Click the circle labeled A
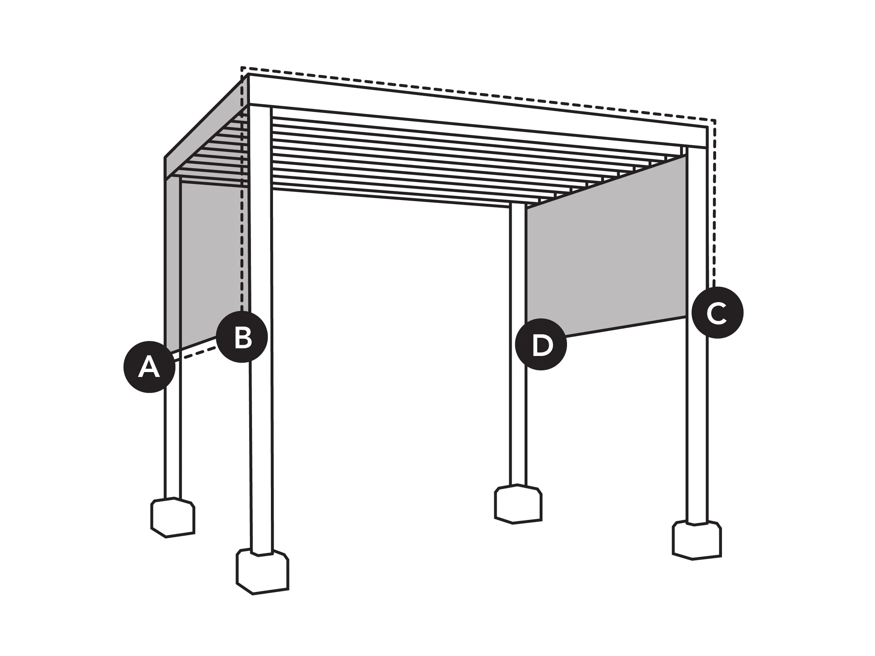(149, 367)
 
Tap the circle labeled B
(242, 337)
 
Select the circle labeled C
(717, 313)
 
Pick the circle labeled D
(541, 344)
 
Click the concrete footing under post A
(173, 517)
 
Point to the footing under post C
(696, 540)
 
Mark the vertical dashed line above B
(242, 190)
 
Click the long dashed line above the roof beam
(478, 93)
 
